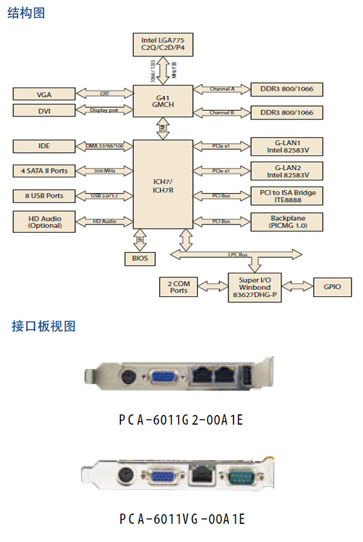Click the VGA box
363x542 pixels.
pyautogui.click(x=44, y=94)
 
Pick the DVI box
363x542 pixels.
pyautogui.click(x=44, y=111)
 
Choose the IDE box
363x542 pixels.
pyautogui.click(x=44, y=146)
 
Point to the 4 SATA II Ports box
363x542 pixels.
pyautogui.click(x=44, y=171)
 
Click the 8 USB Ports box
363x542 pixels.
pyautogui.click(x=44, y=196)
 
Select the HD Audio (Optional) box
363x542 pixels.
pyautogui.click(x=44, y=222)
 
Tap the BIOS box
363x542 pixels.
pyautogui.click(x=139, y=259)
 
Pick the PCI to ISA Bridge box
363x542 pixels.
pyautogui.click(x=287, y=196)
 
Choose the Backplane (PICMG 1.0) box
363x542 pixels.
pyautogui.click(x=287, y=221)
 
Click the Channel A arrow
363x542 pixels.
pyautogui.click(x=222, y=90)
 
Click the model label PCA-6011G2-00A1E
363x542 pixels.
pyautogui.click(x=181, y=419)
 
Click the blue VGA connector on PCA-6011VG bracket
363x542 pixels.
pyautogui.click(x=162, y=477)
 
